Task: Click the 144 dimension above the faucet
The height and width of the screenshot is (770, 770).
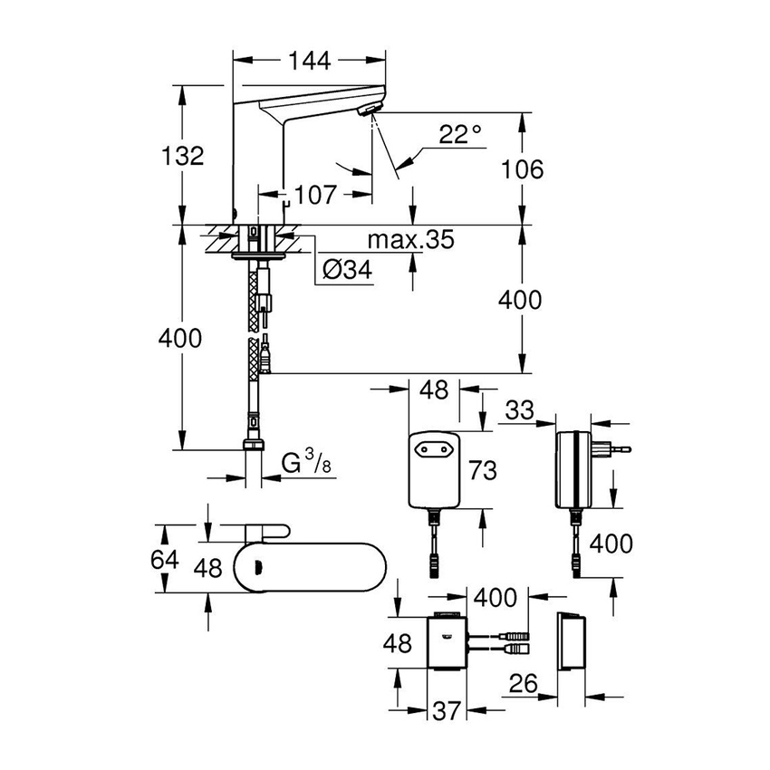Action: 311,61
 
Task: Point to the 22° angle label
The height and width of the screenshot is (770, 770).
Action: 460,135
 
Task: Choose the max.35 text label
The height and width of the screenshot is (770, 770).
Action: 411,240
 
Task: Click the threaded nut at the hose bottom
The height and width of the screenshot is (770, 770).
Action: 255,447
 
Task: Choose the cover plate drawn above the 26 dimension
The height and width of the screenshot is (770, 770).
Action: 572,640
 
